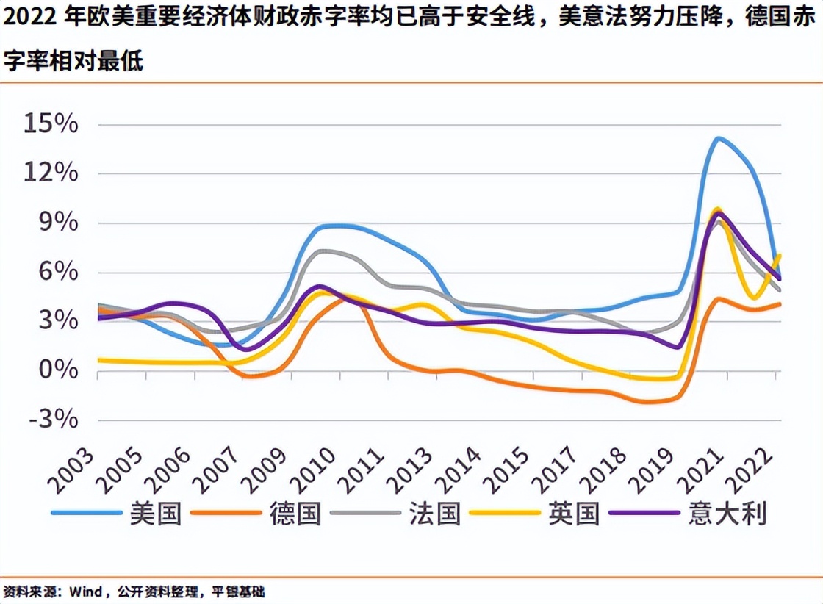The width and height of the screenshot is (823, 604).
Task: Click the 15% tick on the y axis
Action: [x=51, y=123]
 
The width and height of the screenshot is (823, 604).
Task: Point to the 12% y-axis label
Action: [x=51, y=173]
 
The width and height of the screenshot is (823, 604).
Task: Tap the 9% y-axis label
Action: [x=57, y=223]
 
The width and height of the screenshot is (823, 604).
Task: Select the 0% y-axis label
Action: [x=57, y=370]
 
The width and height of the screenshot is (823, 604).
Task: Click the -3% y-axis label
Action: [x=54, y=420]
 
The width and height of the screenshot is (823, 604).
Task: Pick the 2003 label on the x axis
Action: [x=72, y=470]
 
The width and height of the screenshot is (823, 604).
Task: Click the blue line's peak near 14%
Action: [x=717, y=138]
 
